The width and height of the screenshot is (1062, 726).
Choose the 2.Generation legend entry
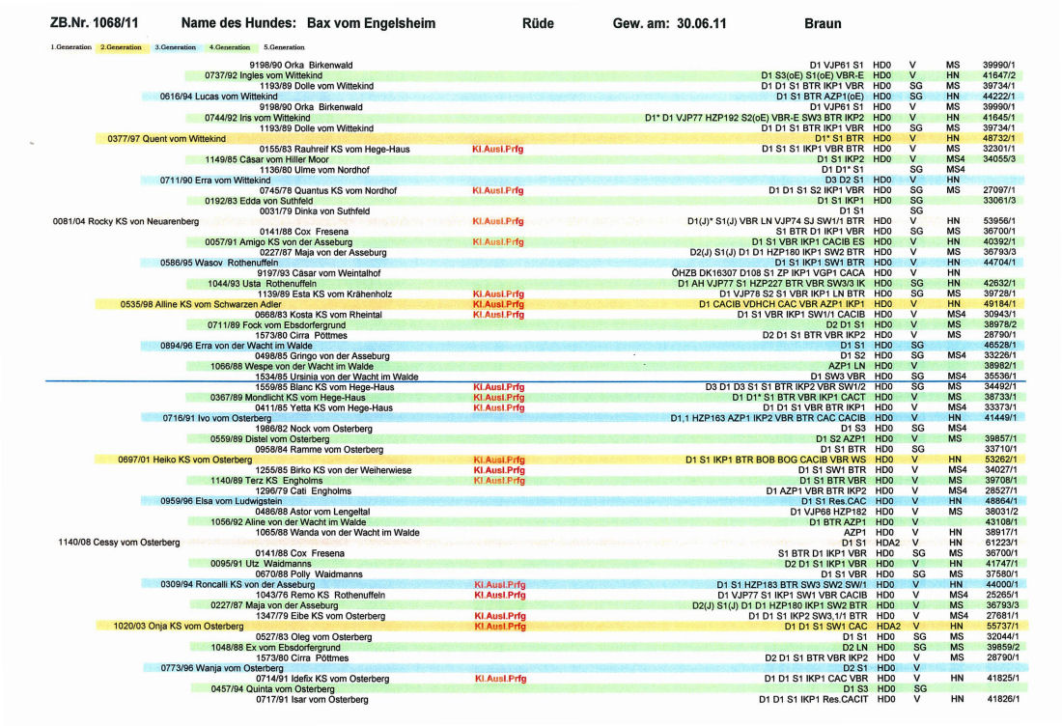pos(121,47)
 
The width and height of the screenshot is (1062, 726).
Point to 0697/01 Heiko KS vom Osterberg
pos(184,459)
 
